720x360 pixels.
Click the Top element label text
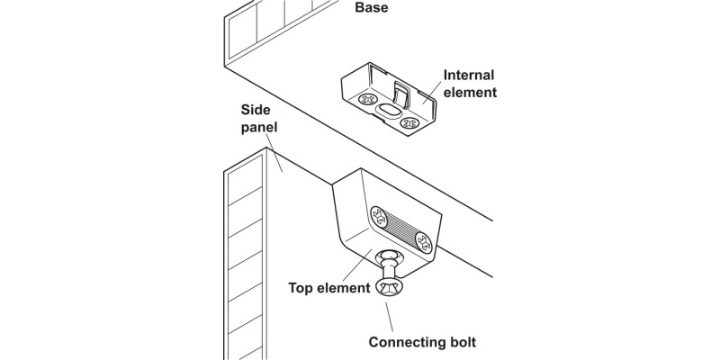[329, 289]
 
